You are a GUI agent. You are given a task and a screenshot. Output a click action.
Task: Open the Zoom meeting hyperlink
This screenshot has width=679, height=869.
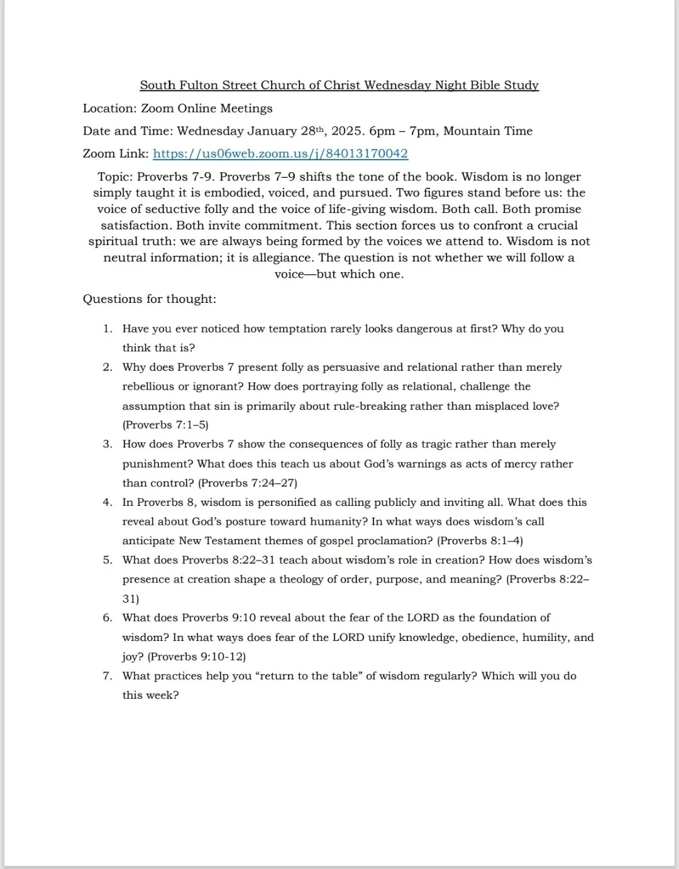pyautogui.click(x=280, y=154)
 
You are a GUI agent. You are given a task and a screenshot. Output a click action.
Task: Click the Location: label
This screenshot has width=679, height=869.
pyautogui.click(x=109, y=109)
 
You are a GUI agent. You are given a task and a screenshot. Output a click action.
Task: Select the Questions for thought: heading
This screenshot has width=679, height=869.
pyautogui.click(x=150, y=299)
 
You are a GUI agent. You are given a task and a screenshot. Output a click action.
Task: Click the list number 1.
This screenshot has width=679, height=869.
pyautogui.click(x=108, y=329)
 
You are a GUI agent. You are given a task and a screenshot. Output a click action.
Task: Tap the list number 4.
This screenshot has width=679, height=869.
pyautogui.click(x=108, y=502)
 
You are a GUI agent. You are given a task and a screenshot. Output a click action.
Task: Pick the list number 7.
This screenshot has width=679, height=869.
pyautogui.click(x=108, y=676)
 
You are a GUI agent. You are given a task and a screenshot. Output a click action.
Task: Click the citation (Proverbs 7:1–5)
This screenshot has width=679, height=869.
pyautogui.click(x=165, y=425)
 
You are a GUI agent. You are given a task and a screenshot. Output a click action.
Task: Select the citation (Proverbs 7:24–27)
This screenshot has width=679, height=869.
pyautogui.click(x=248, y=483)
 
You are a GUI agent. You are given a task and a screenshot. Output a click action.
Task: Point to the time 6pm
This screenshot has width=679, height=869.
pyautogui.click(x=382, y=131)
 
